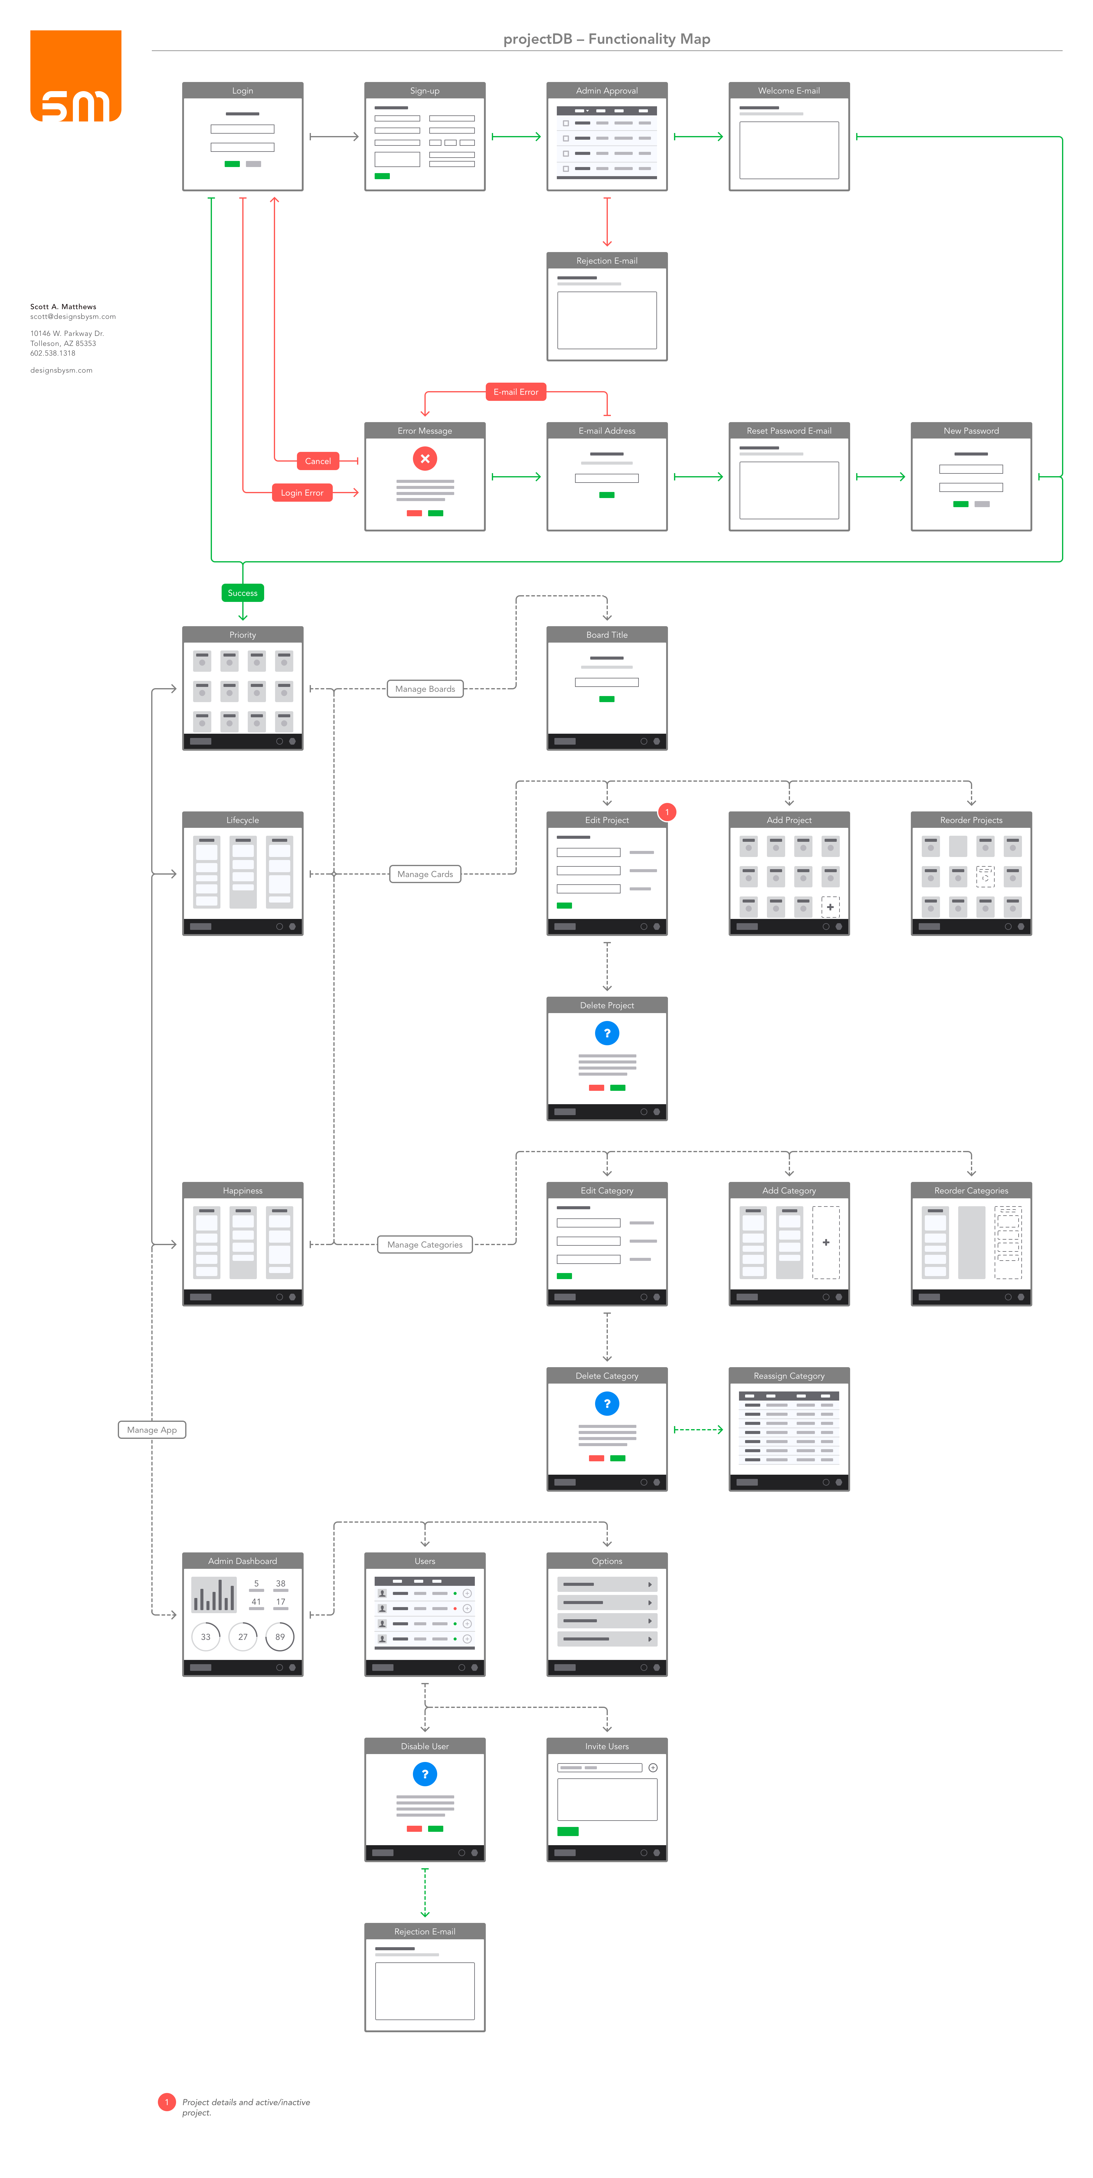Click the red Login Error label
pyautogui.click(x=302, y=493)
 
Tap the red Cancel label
pyautogui.click(x=318, y=461)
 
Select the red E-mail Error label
pyautogui.click(x=516, y=391)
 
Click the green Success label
pyautogui.click(x=243, y=593)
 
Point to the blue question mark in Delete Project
pyautogui.click(x=607, y=1033)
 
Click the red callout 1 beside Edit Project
pyautogui.click(x=667, y=812)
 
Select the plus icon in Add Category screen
pyautogui.click(x=826, y=1242)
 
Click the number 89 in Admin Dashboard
pyautogui.click(x=280, y=1637)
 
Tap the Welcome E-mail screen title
pyautogui.click(x=789, y=90)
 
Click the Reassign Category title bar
pyautogui.click(x=789, y=1376)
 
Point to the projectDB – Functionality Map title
pyautogui.click(x=607, y=39)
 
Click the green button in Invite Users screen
pyautogui.click(x=568, y=1831)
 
